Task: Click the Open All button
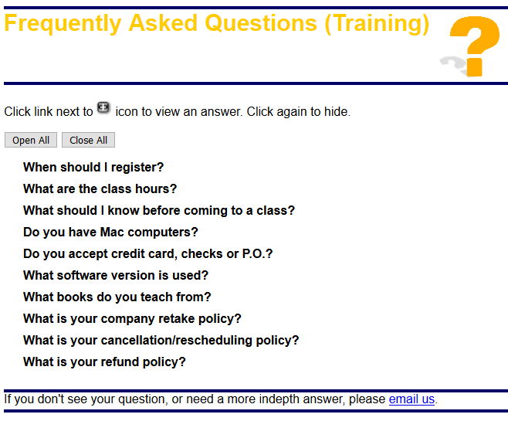(31, 140)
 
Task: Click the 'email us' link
(411, 399)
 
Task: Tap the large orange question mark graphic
(475, 46)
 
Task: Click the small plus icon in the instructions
(103, 107)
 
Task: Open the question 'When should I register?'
(93, 167)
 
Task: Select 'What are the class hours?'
(100, 188)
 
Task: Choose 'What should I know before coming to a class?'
(159, 210)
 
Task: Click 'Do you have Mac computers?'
(110, 232)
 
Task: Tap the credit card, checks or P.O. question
(147, 254)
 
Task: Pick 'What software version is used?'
(116, 275)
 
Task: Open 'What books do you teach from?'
(117, 297)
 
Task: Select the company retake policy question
(132, 318)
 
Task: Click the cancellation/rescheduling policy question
(161, 341)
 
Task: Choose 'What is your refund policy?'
(104, 362)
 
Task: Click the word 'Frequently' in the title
(63, 24)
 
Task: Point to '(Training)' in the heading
(377, 24)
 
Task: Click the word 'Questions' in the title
(261, 23)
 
